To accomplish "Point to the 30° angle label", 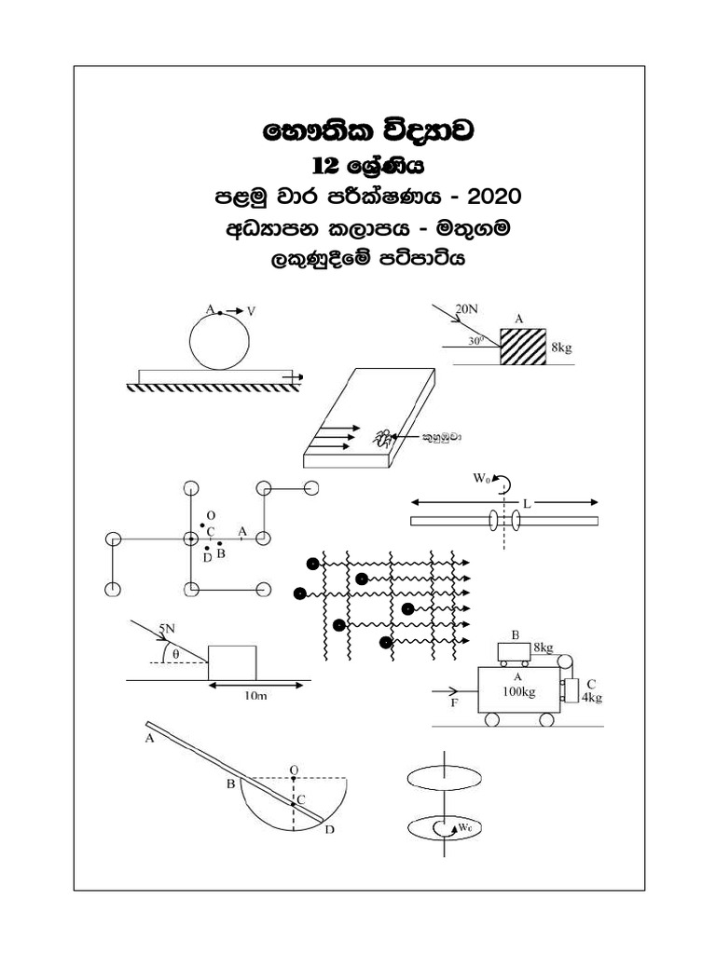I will pyautogui.click(x=476, y=341).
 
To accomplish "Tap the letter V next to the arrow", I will pyautogui.click(x=252, y=309).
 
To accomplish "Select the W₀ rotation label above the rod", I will pyautogui.click(x=481, y=481).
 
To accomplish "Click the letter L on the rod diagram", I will pyautogui.click(x=527, y=503).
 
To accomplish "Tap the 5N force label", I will pyautogui.click(x=167, y=630).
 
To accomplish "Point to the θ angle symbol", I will pyautogui.click(x=176, y=654).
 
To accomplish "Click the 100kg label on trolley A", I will pyautogui.click(x=517, y=691).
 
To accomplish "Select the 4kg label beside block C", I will pyautogui.click(x=591, y=696).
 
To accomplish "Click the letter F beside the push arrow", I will pyautogui.click(x=454, y=705).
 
